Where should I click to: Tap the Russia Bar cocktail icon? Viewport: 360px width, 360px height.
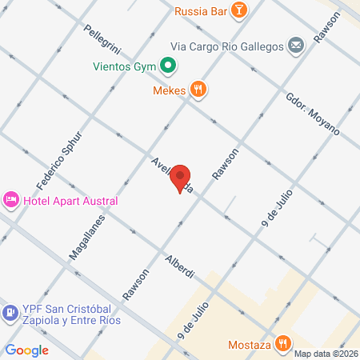[238, 11]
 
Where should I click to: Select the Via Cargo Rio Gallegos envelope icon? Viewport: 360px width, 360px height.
[295, 46]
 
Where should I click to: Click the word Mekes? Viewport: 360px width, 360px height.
[169, 90]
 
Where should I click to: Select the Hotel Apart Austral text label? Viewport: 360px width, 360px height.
[70, 201]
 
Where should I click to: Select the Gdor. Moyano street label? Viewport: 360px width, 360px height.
[312, 114]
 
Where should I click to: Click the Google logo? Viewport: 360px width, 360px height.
[27, 350]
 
